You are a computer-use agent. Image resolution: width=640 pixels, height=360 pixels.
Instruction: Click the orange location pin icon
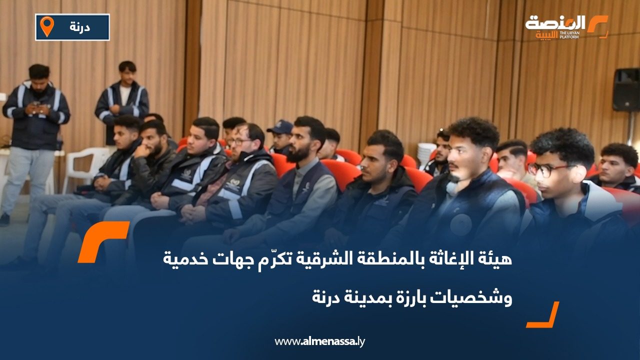(47, 26)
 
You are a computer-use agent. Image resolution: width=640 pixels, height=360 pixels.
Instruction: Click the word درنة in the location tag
(80, 27)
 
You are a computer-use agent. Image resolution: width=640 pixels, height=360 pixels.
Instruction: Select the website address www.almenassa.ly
(320, 341)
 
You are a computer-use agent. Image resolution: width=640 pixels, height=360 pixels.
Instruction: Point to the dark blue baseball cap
(279, 128)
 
